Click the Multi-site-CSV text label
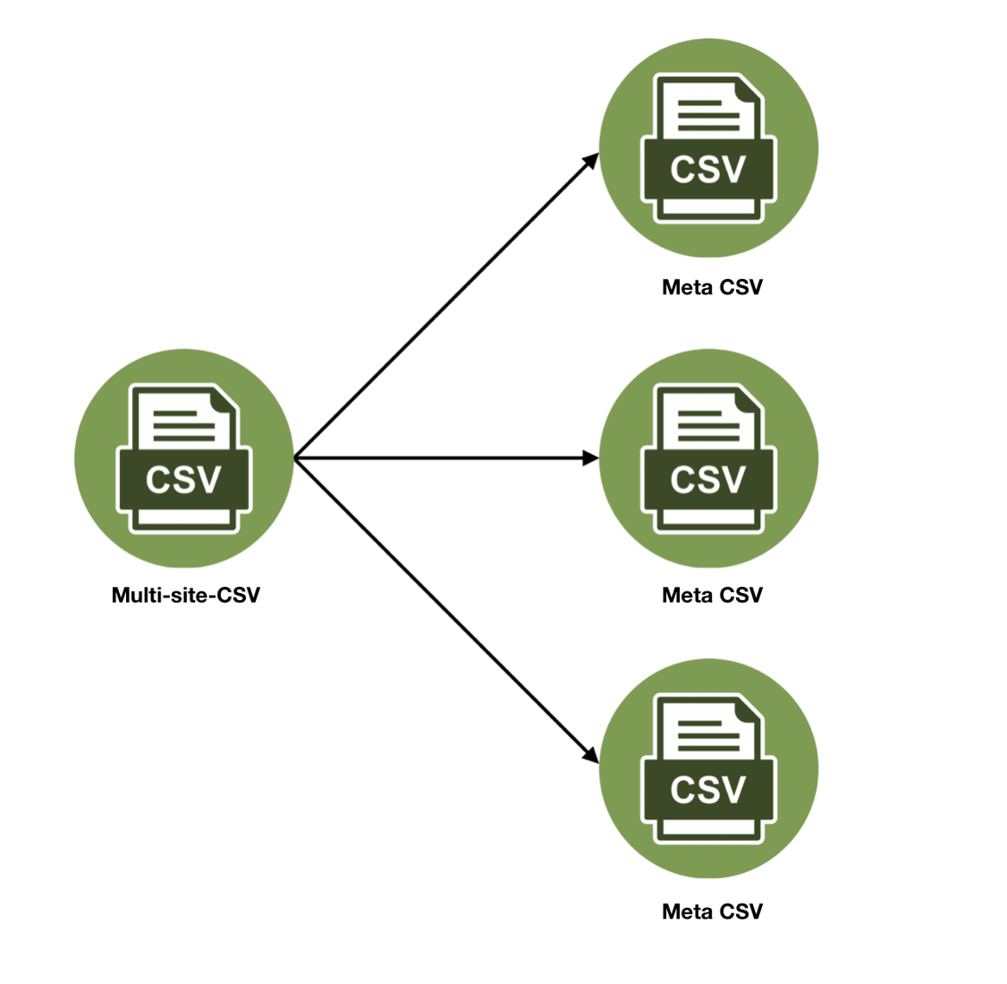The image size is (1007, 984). click(185, 595)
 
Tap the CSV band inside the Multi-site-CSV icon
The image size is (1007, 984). click(183, 479)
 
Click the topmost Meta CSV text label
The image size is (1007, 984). click(712, 287)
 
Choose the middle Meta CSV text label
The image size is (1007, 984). click(712, 595)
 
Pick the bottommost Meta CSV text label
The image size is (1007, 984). click(712, 912)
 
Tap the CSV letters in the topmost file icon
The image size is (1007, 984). click(708, 169)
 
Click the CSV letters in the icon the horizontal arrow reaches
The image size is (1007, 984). click(708, 479)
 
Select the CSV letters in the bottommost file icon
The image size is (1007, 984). click(708, 790)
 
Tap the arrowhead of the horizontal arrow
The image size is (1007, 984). click(590, 458)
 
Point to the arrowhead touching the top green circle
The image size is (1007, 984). click(591, 160)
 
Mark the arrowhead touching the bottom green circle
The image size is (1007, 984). click(590, 756)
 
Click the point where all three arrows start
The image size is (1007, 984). click(295, 458)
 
